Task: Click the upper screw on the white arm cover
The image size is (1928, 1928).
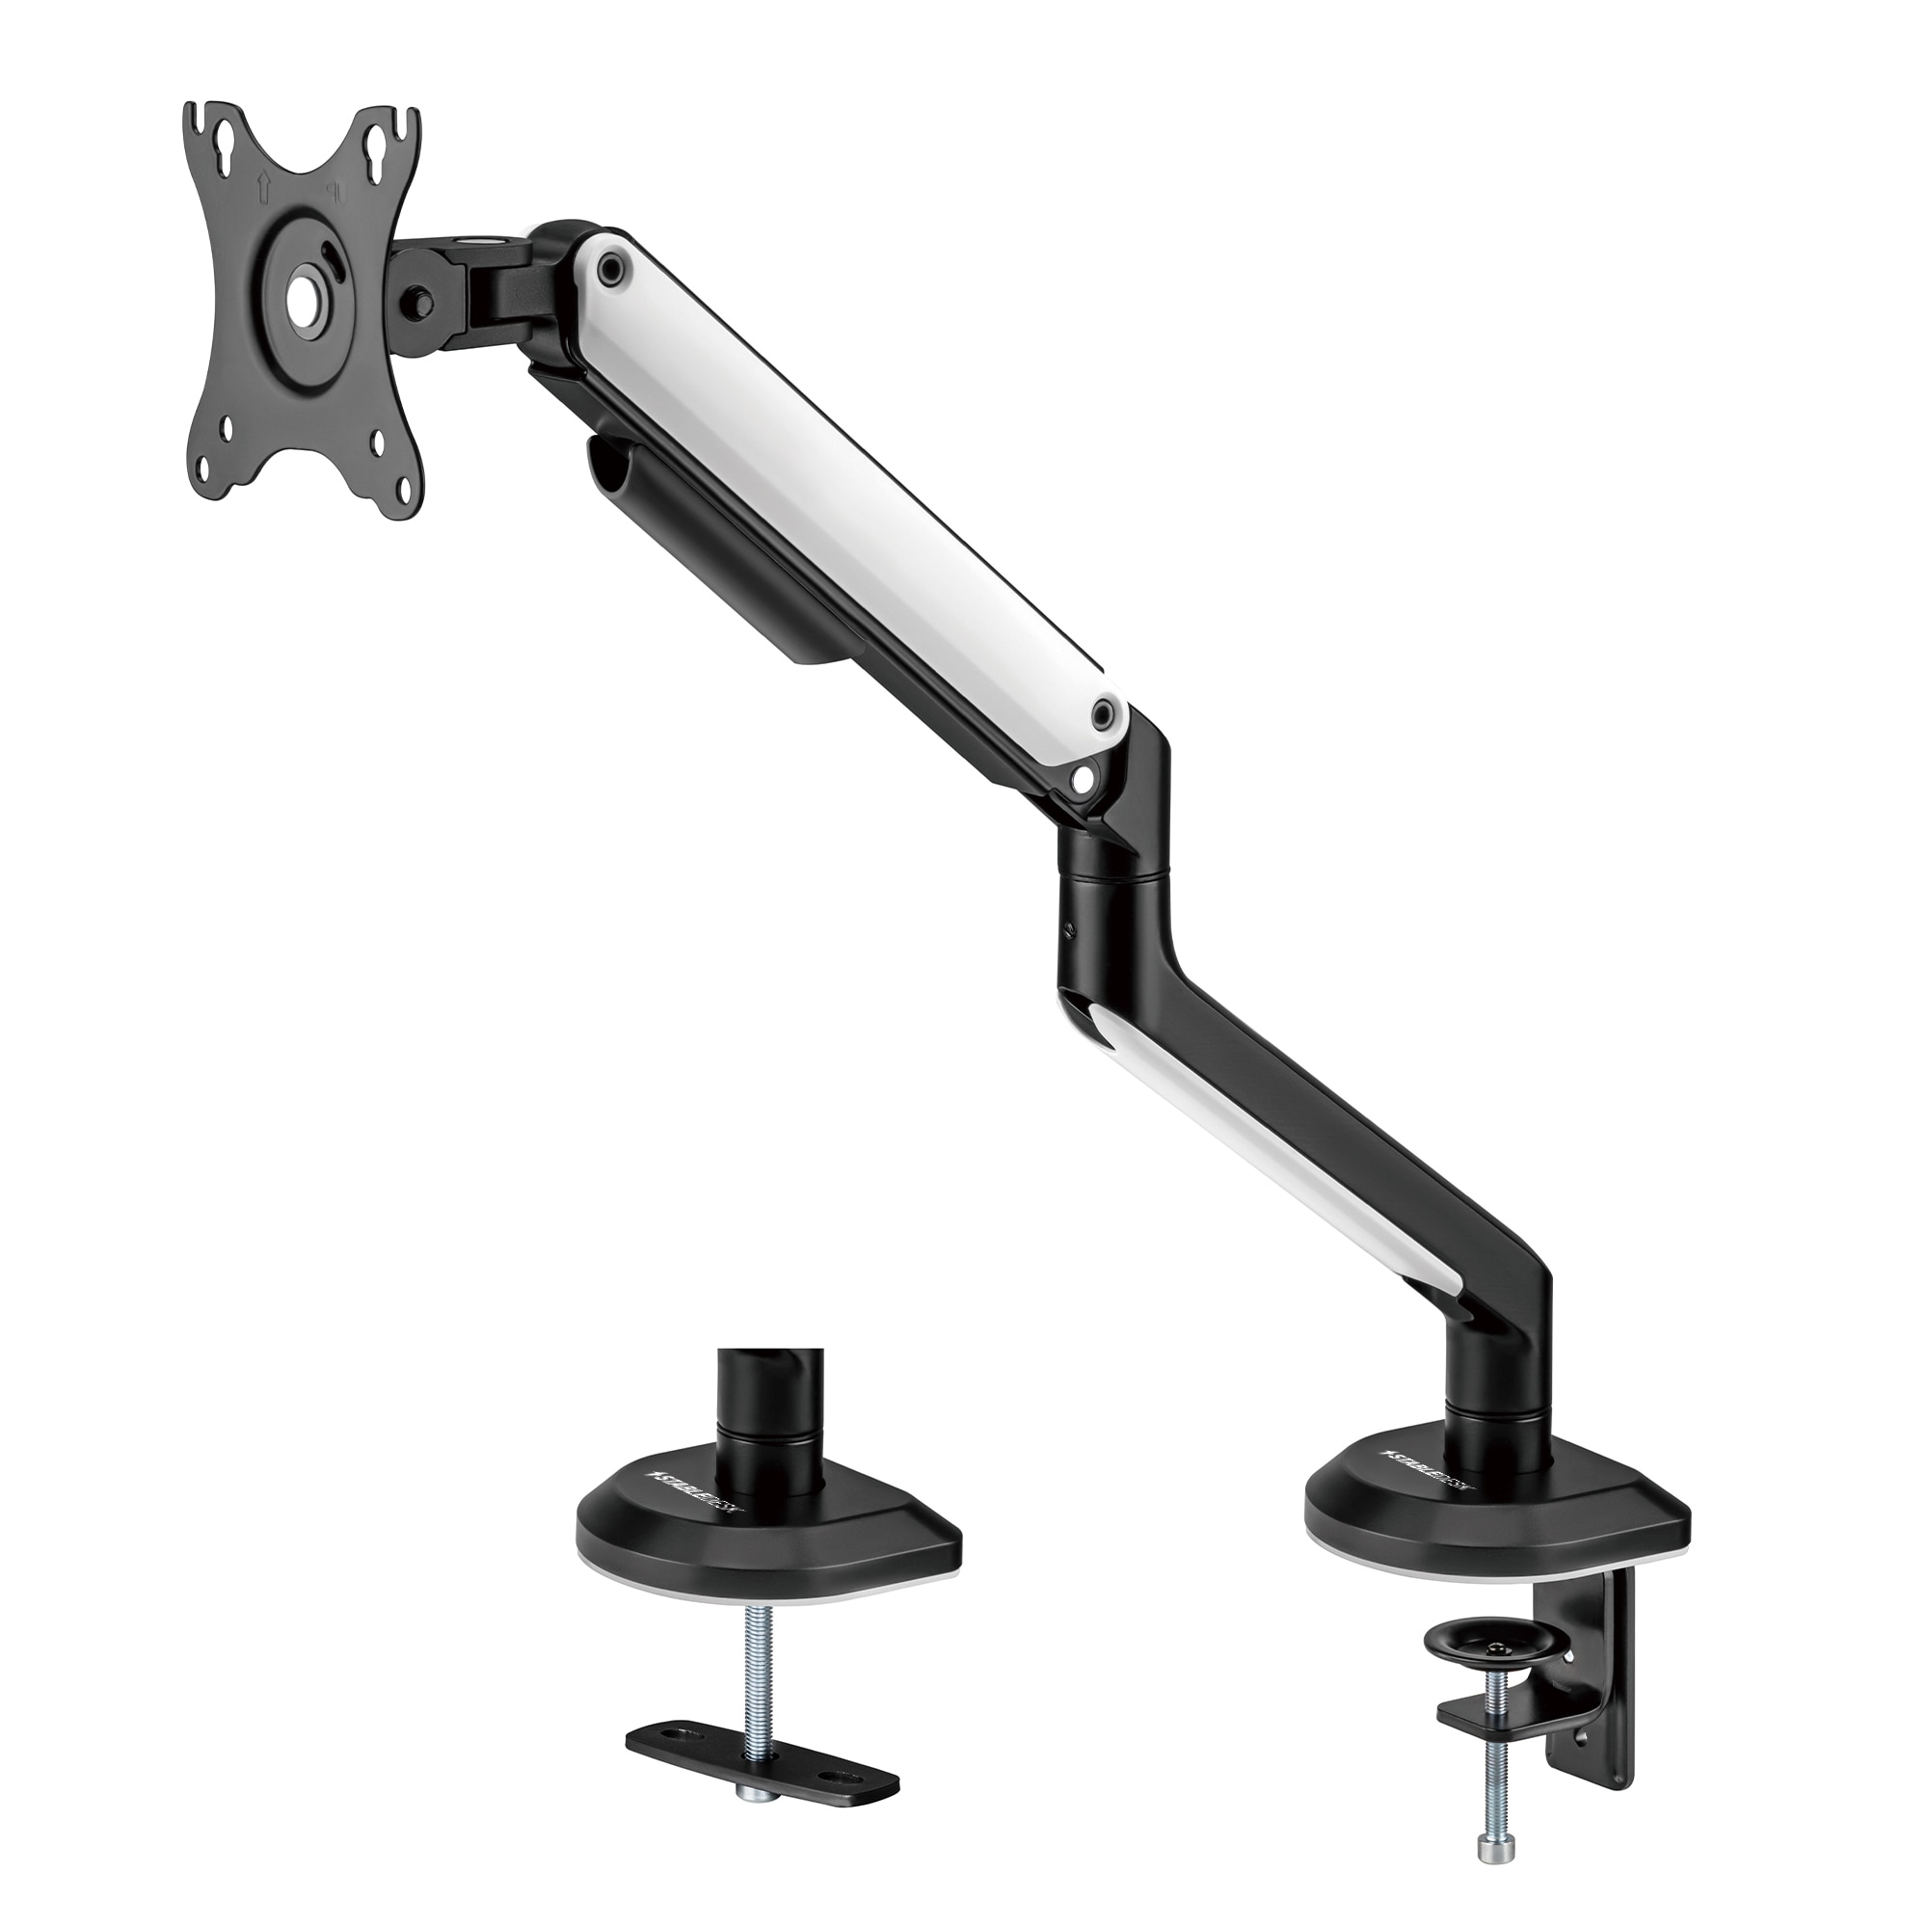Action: pyautogui.click(x=611, y=267)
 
